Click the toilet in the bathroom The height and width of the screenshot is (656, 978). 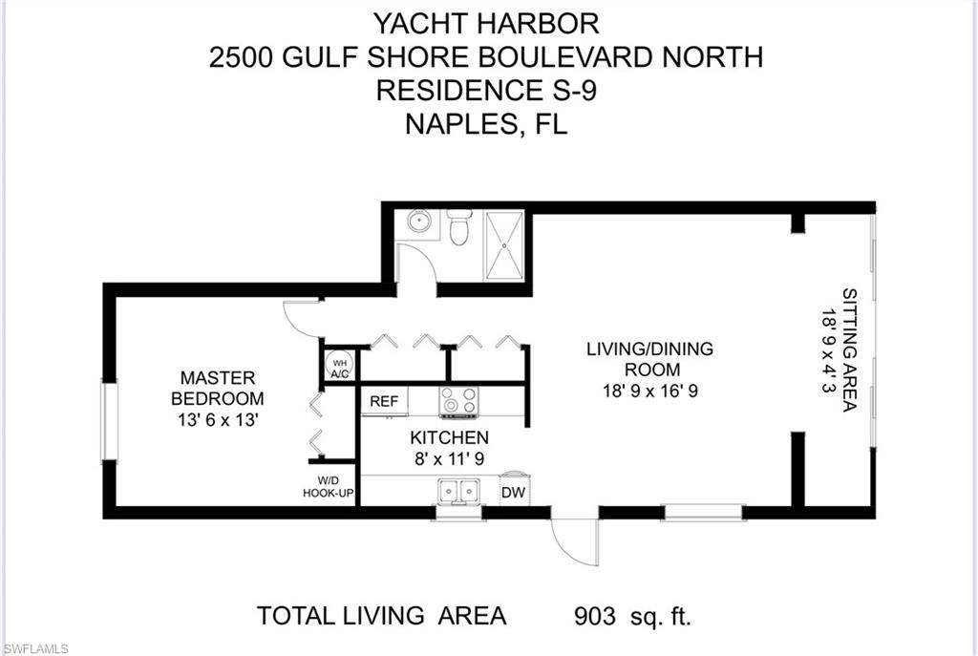coord(459,227)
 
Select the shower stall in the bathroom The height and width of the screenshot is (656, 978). coord(504,246)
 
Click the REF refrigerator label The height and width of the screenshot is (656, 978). coord(384,401)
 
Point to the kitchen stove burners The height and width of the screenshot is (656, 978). coord(458,401)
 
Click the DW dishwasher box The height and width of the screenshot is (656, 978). coord(514,491)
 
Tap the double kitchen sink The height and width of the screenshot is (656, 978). coord(458,492)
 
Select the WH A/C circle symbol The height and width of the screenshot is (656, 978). coord(339,368)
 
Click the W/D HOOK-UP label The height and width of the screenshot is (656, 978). coord(329,487)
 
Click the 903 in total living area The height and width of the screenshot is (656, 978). coord(594,617)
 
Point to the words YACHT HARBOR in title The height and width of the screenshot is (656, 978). coord(486,24)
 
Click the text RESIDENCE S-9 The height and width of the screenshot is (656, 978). coord(486,91)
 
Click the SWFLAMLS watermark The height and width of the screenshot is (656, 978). coord(34,649)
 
